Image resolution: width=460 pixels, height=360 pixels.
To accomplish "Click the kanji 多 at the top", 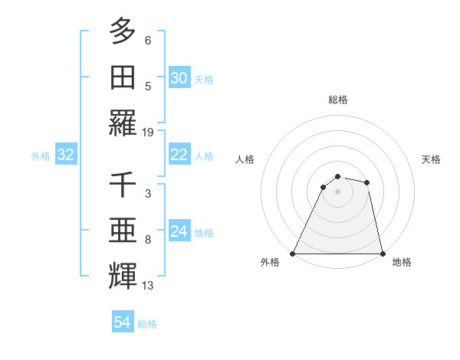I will click(x=123, y=31).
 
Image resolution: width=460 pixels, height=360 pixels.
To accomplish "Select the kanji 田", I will click(x=123, y=77).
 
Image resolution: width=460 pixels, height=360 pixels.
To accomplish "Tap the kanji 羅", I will click(x=123, y=123).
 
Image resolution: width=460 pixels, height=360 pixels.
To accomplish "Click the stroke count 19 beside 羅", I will click(x=148, y=132).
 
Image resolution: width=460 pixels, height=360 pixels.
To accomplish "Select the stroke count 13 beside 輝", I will click(x=148, y=286).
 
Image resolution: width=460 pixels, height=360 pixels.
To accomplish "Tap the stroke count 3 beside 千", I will click(x=148, y=195).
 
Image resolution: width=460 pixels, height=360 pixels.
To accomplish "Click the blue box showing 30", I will click(x=179, y=78).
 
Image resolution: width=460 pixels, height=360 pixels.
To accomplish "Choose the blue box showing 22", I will click(x=179, y=155).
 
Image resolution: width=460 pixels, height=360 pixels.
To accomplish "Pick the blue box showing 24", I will click(x=179, y=231).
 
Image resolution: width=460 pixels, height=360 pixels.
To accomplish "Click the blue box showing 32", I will click(x=65, y=155).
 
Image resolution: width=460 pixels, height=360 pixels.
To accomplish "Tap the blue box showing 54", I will click(x=122, y=322).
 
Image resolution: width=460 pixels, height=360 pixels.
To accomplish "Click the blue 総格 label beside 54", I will click(x=147, y=324).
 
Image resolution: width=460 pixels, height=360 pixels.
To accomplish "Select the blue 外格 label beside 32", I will click(x=41, y=156).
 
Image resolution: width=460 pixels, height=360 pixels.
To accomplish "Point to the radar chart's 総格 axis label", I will click(x=337, y=100).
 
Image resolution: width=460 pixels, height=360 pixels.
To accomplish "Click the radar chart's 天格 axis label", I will click(x=432, y=159).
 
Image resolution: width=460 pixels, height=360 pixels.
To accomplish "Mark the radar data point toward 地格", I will click(x=382, y=254).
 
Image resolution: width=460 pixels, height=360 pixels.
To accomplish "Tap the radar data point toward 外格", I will click(x=293, y=254).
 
